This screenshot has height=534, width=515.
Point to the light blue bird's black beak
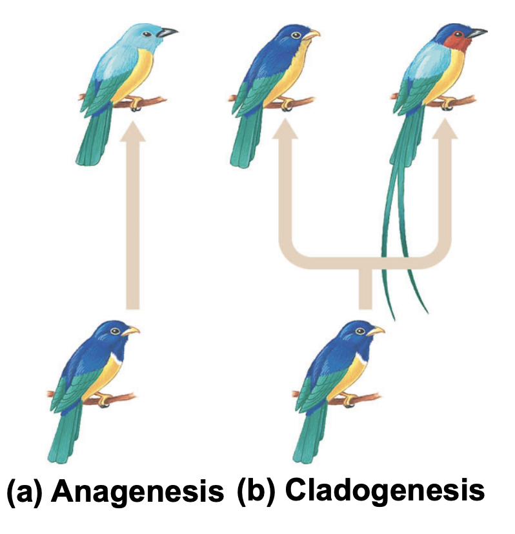coord(168,31)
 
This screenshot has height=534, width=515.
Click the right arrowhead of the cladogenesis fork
coord(444,131)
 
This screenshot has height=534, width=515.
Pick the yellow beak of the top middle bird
coord(313,34)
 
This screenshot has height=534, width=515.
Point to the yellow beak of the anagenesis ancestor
coord(132,331)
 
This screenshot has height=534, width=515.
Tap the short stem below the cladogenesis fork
coord(365,287)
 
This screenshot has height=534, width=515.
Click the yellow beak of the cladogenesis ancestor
coord(376,331)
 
